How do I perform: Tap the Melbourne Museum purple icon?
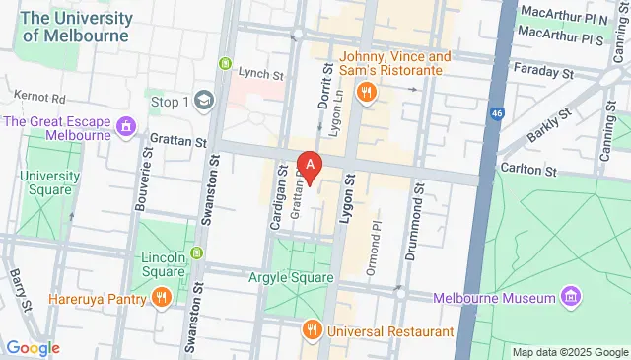click(570, 297)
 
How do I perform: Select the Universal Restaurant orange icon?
click(313, 331)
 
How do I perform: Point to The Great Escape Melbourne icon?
click(125, 127)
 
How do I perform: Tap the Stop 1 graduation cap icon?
click(204, 101)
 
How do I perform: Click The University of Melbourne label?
click(76, 27)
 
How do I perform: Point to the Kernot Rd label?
click(39, 100)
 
